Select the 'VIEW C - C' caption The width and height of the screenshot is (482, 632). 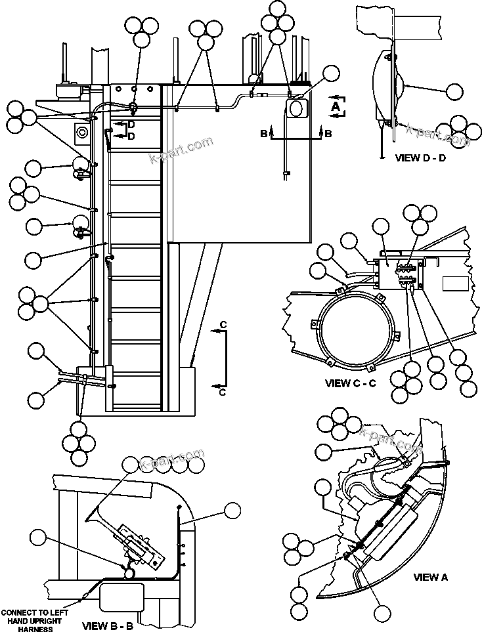[351, 383]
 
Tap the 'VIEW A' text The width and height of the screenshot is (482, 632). [430, 578]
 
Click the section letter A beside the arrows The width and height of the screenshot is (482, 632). [336, 106]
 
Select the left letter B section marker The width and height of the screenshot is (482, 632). [263, 134]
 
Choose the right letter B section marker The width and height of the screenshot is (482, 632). [328, 134]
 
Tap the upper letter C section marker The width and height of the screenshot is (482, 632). [223, 325]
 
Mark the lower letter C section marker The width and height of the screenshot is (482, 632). [223, 392]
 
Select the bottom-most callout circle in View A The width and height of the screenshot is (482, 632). [381, 614]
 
